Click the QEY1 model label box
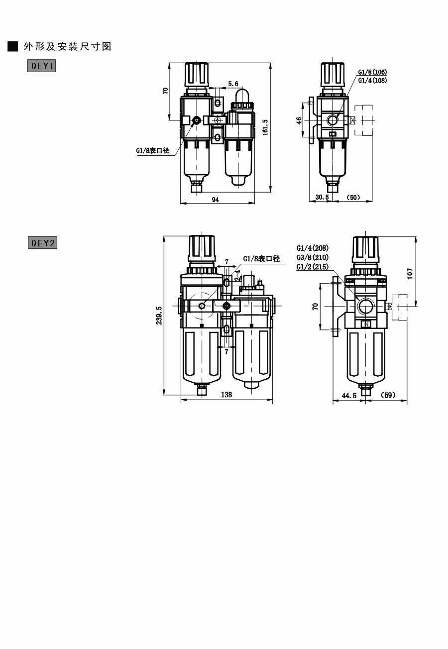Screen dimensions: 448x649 click(x=41, y=66)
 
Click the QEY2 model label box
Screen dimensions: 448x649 click(x=43, y=242)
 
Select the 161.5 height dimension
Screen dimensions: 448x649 click(x=265, y=127)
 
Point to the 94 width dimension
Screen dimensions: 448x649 click(x=216, y=200)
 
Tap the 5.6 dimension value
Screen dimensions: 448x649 click(x=233, y=84)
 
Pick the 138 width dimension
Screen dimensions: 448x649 click(x=226, y=394)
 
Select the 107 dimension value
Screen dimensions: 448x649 click(x=410, y=273)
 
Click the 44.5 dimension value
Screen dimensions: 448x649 click(x=349, y=395)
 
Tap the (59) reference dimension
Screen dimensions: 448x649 click(x=387, y=395)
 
